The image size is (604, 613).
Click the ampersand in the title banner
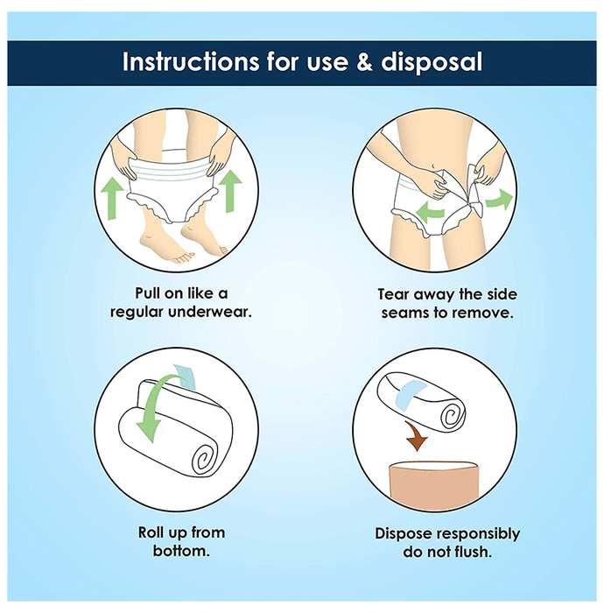pos(364,62)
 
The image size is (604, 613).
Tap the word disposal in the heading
pos(432,62)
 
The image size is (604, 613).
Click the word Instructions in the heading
pos(191,62)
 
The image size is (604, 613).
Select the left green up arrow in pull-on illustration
pos(113,198)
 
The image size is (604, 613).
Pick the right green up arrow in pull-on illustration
pos(230,191)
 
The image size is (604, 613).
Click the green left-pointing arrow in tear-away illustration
pos(430,212)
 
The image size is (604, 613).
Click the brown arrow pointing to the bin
pos(416,435)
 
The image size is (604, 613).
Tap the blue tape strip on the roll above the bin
pos(411,394)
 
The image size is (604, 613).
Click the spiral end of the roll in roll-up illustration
pos(206,456)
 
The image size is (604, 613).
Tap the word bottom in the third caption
pos(181,551)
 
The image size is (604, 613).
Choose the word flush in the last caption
pos(470,552)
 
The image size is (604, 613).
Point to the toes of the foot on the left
pos(184,256)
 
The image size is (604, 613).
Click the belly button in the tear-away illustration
pos(434,166)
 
